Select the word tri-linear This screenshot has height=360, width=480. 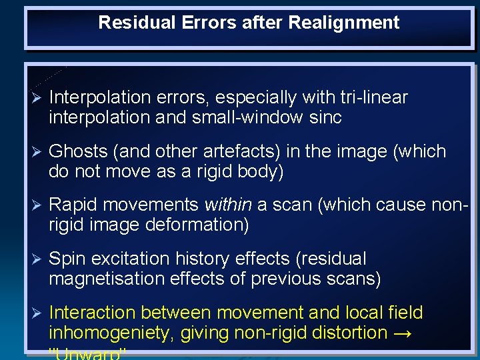click(373, 98)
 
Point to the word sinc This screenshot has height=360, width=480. click(326, 118)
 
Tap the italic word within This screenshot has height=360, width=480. click(227, 205)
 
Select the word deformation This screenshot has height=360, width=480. click(197, 225)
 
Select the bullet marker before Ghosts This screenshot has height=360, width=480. click(37, 152)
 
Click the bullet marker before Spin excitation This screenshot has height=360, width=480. click(37, 259)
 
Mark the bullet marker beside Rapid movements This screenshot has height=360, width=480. click(37, 205)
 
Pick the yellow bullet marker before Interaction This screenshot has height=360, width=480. click(37, 313)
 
